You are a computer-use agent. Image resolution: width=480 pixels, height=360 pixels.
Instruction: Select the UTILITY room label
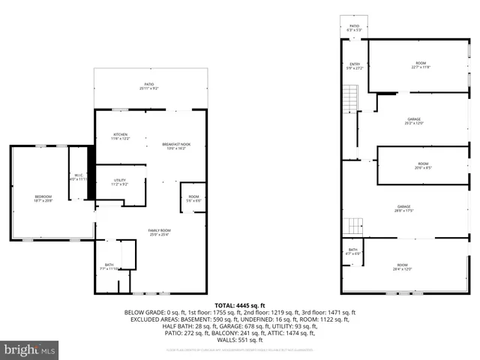[121, 181]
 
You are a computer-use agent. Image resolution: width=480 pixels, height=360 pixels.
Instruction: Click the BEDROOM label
[43, 199]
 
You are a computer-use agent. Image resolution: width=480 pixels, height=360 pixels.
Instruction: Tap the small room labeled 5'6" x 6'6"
[193, 199]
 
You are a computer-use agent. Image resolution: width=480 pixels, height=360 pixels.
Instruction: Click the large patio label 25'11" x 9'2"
[150, 86]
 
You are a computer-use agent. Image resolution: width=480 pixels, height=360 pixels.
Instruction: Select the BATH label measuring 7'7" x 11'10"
[111, 265]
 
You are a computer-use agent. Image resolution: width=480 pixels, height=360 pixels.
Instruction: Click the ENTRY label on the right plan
[355, 66]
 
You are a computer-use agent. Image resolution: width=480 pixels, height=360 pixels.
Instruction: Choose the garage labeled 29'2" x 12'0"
[414, 121]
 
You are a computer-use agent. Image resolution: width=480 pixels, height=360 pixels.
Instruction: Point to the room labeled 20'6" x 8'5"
[424, 166]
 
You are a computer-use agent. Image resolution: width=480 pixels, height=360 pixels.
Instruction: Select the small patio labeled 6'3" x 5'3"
[354, 28]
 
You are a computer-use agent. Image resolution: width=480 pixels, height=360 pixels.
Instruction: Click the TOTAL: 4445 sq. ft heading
[239, 305]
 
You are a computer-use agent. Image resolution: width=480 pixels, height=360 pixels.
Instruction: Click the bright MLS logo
[30, 349]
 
